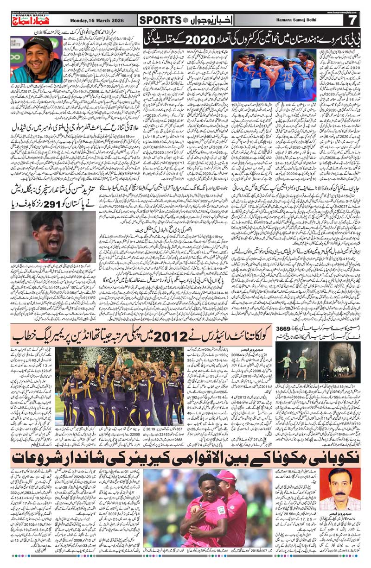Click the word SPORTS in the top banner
[160, 20]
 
